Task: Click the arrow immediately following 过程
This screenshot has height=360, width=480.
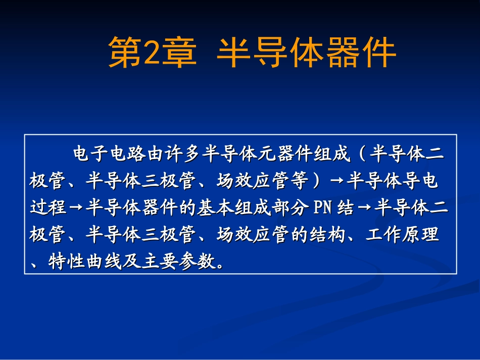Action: pos(76,208)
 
